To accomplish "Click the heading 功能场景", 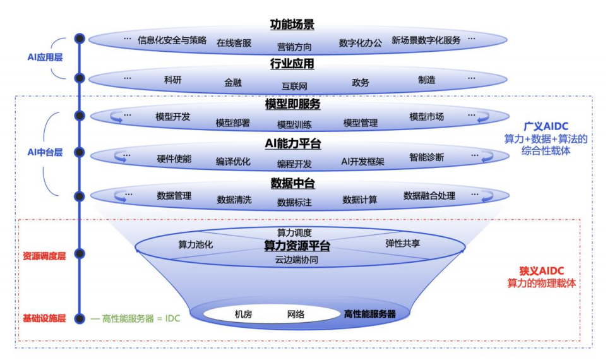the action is pos(292,25).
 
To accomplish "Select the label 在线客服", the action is pos(234,43).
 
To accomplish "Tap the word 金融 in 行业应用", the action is pos(233,82).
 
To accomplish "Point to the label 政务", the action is pos(361,82).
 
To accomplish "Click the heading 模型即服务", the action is pos(292,104).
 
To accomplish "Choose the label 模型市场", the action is pos(426,117).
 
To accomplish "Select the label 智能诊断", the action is pos(426,157).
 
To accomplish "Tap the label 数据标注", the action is pos(294,202).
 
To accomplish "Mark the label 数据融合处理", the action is pos(429,196).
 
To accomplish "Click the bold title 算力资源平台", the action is pos(296,245).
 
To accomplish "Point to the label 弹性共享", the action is pos(402,243).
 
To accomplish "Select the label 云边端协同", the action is pos(296,260).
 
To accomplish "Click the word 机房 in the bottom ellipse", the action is pos(243,314).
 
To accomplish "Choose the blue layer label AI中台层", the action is pos(45,152).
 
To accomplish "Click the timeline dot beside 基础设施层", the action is pos(80,318).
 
